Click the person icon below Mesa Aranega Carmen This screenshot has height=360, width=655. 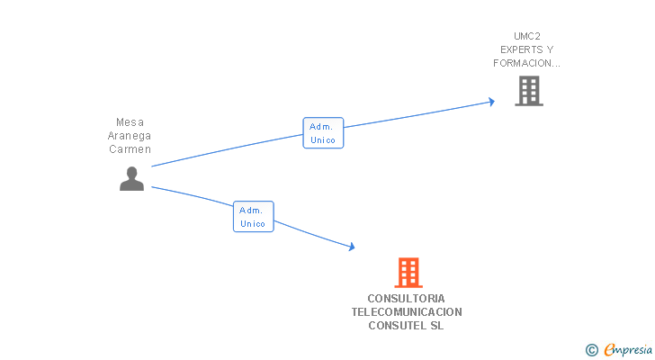point(131,179)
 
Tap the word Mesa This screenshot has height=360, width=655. point(130,122)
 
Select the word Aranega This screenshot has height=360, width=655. point(130,136)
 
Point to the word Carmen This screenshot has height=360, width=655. point(130,149)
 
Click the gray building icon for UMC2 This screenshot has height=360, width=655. point(528,90)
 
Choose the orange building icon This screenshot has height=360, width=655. point(408,272)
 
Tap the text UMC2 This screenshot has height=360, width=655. point(527,37)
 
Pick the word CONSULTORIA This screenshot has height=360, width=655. point(406,299)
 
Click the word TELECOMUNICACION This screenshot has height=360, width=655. point(407,312)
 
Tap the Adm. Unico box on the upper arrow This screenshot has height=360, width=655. point(323,133)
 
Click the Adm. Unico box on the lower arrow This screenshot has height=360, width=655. point(253,217)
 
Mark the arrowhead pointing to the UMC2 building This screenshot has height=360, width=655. point(491,102)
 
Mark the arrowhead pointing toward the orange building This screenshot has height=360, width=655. point(352,247)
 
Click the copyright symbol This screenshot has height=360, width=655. point(592,350)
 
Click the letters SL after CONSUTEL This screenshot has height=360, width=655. point(437,326)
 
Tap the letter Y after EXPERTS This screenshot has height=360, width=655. point(550,50)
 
